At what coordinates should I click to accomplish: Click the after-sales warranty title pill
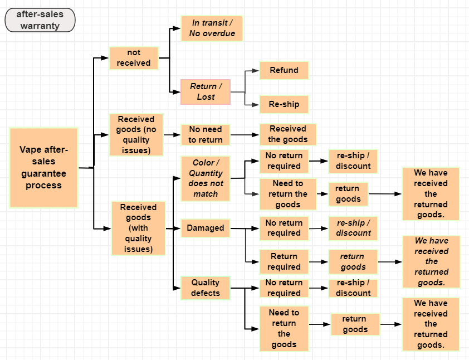[x=40, y=20]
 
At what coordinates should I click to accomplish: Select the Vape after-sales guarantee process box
[x=44, y=168]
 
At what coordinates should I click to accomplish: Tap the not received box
[x=134, y=58]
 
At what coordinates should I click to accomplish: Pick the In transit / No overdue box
[x=212, y=28]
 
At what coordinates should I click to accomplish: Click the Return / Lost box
[x=206, y=91]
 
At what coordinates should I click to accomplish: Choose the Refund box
[x=284, y=70]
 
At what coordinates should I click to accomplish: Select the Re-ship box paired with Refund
[x=284, y=104]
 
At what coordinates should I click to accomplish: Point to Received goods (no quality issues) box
[x=136, y=134]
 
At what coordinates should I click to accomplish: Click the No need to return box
[x=206, y=134]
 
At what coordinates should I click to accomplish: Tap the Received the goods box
[x=287, y=134]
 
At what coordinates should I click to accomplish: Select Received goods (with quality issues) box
[x=139, y=228]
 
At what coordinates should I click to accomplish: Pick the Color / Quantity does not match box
[x=206, y=178]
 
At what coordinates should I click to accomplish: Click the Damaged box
[x=206, y=228]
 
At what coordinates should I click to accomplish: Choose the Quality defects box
[x=206, y=288]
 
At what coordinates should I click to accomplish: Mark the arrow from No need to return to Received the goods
[x=245, y=135]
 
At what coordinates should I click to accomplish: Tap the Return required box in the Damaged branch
[x=284, y=261]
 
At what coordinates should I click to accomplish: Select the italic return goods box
[x=353, y=261]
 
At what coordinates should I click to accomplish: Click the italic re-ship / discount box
[x=353, y=228]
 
